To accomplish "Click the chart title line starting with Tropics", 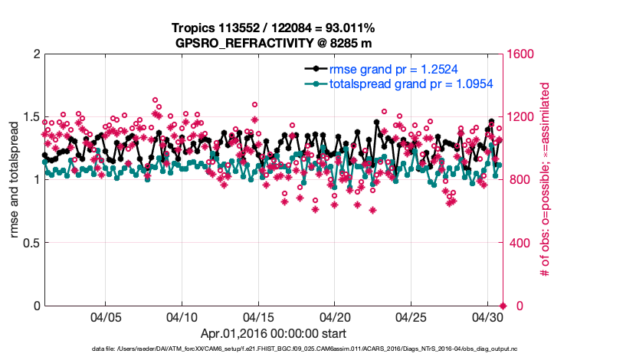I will pyautogui.click(x=274, y=28).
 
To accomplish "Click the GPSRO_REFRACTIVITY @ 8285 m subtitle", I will pyautogui.click(x=274, y=42).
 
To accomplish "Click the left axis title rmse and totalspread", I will pyautogui.click(x=15, y=180).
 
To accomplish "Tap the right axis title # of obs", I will pyautogui.click(x=547, y=180).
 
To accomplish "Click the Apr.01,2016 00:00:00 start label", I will pyautogui.click(x=274, y=333).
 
